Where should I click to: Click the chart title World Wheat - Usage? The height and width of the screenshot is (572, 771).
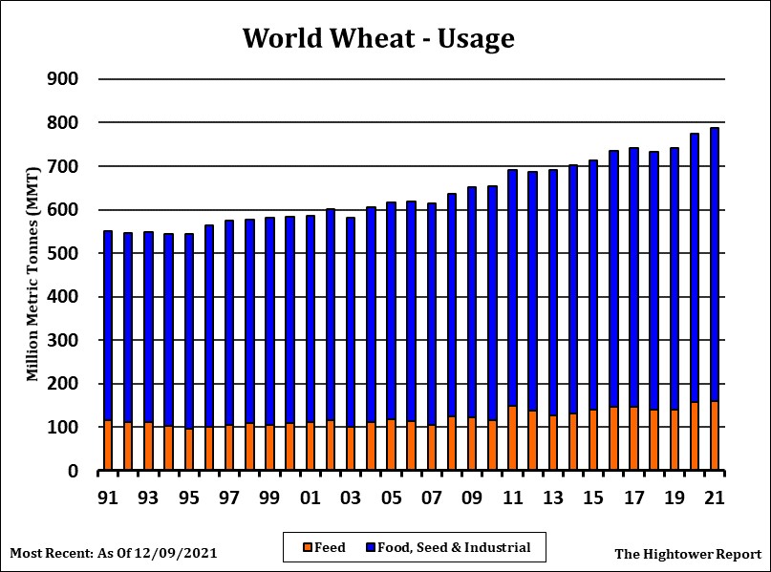378,38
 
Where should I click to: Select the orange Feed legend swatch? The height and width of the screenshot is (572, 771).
308,548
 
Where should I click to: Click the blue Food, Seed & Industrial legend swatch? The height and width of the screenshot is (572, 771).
369,548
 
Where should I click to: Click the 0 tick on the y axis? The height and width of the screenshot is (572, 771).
71,472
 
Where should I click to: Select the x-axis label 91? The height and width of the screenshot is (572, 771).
108,498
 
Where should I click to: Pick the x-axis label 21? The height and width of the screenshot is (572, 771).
715,498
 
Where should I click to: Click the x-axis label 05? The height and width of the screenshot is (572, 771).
391,498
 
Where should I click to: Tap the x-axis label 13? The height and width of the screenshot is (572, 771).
552,498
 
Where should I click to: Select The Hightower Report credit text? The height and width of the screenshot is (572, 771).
688,553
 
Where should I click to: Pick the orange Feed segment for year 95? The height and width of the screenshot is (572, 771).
189,450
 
